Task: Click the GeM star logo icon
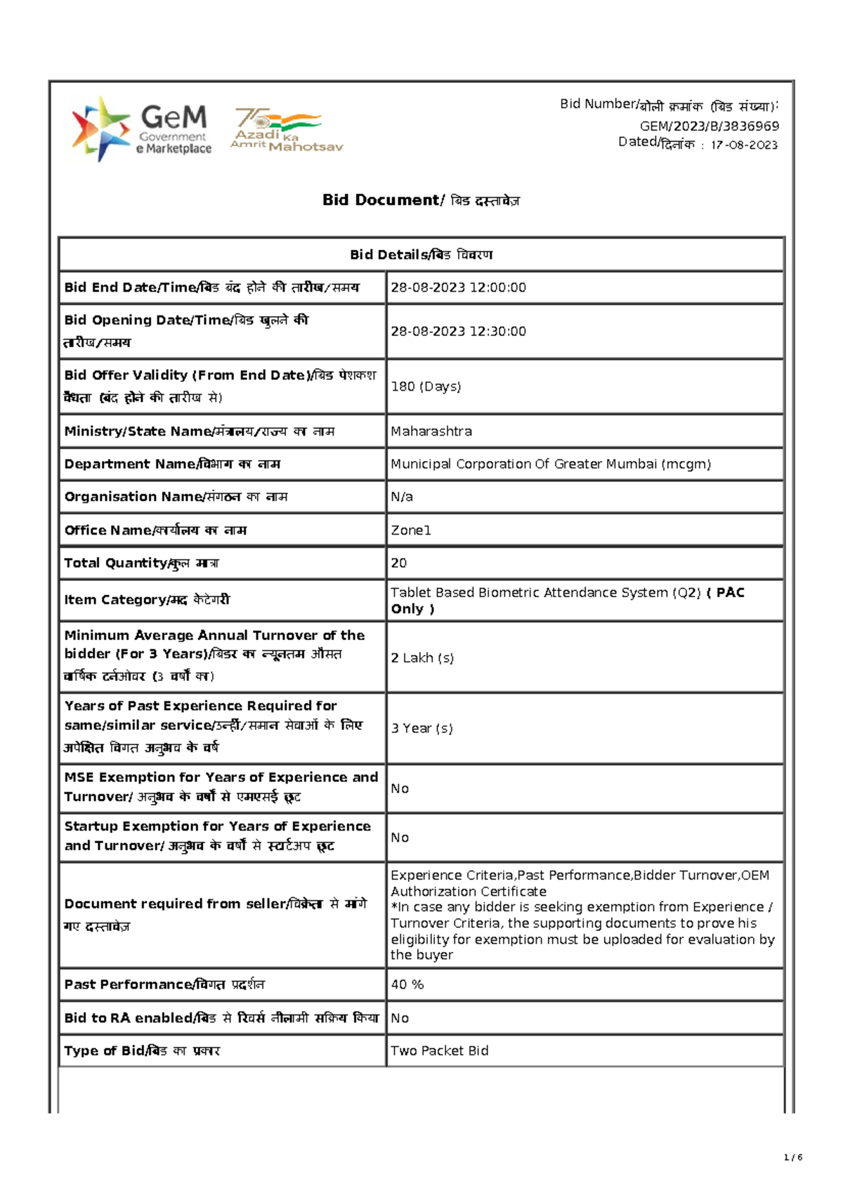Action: (x=100, y=129)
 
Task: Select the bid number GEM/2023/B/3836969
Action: (x=709, y=126)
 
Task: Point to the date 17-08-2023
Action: (x=744, y=145)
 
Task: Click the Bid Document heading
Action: (x=421, y=200)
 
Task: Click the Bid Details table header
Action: (x=421, y=255)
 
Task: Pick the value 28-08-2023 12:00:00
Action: (x=458, y=287)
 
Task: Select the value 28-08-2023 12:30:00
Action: (x=458, y=332)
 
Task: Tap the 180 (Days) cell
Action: (x=426, y=387)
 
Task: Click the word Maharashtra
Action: (x=431, y=431)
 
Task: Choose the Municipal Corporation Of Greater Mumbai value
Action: (x=551, y=464)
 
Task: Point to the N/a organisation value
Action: (x=402, y=497)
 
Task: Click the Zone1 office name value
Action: (x=411, y=530)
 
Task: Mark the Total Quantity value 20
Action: (x=399, y=563)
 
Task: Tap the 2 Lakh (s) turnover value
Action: (x=422, y=658)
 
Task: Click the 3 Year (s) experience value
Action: (x=421, y=729)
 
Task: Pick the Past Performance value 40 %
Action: (x=407, y=985)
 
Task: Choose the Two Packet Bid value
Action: (x=440, y=1051)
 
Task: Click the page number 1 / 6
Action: (x=792, y=1158)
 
